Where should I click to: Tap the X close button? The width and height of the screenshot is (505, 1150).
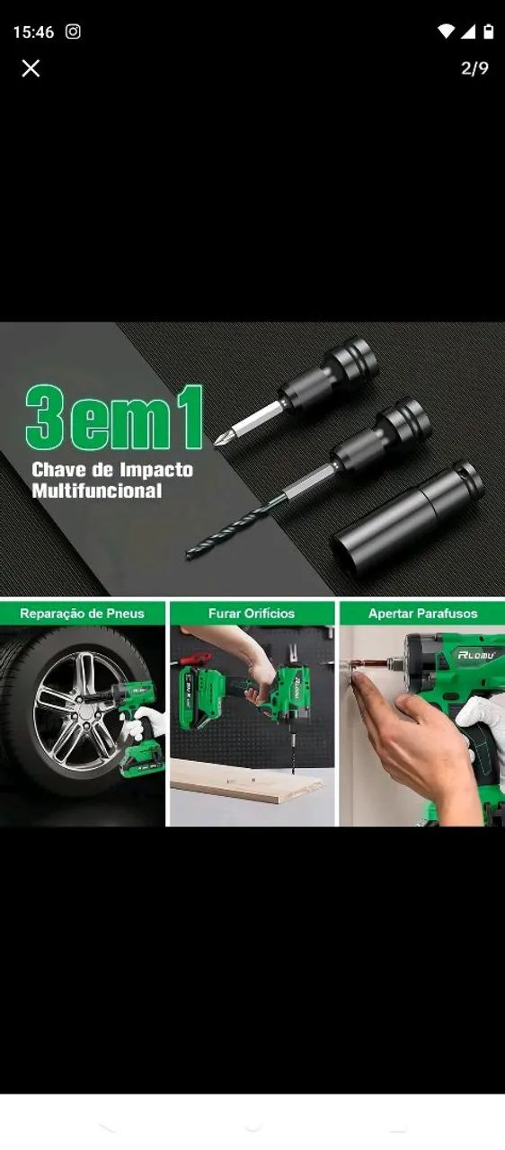(31, 67)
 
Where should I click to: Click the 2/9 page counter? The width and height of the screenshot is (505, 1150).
(474, 67)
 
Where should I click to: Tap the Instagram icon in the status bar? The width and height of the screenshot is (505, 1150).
(73, 31)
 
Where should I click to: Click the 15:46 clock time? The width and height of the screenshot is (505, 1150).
(33, 32)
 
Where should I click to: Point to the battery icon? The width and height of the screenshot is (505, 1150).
(489, 31)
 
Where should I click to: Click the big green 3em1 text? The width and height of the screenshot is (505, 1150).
(114, 418)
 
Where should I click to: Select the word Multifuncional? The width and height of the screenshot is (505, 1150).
(97, 491)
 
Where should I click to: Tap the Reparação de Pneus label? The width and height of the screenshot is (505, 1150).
(82, 614)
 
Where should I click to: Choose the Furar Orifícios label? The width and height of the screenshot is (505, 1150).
(252, 614)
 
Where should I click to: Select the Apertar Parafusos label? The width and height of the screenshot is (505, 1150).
(423, 614)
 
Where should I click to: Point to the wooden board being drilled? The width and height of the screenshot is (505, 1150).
(247, 781)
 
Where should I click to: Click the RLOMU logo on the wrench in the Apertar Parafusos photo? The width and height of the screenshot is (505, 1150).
(476, 655)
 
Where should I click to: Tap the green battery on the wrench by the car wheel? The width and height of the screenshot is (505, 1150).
(142, 761)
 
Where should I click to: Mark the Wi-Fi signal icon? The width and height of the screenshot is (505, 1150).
(446, 31)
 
